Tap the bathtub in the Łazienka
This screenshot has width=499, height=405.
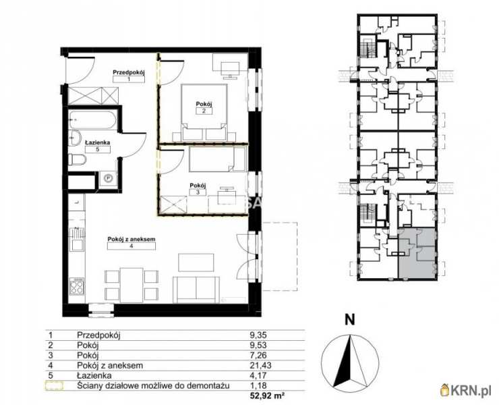coord(94,121)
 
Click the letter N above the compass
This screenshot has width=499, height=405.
coord(350,321)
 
